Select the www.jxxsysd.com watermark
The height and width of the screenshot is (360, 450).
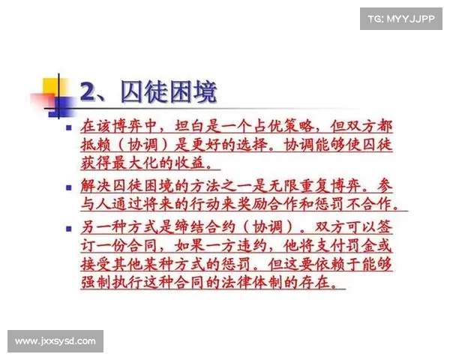point(56,342)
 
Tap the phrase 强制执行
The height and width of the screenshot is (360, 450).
point(115,283)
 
